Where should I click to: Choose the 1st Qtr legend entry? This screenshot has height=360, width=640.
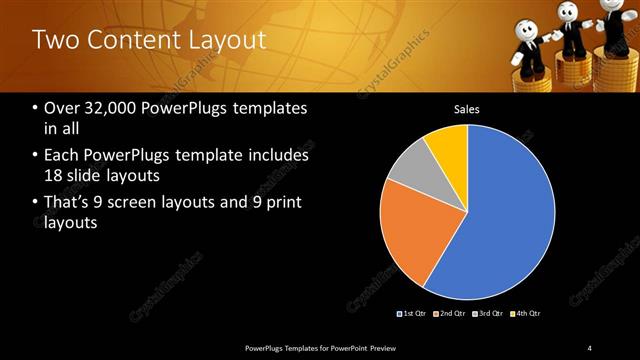pos(414,314)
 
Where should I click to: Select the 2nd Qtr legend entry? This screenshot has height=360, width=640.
pos(452,314)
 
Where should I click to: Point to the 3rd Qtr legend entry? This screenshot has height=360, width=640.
pos(489,314)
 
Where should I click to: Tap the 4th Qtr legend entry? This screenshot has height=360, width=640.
pos(526,314)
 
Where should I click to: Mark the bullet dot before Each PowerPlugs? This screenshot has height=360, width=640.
pos(36,157)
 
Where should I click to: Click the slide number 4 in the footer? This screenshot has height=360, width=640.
pos(590,347)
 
